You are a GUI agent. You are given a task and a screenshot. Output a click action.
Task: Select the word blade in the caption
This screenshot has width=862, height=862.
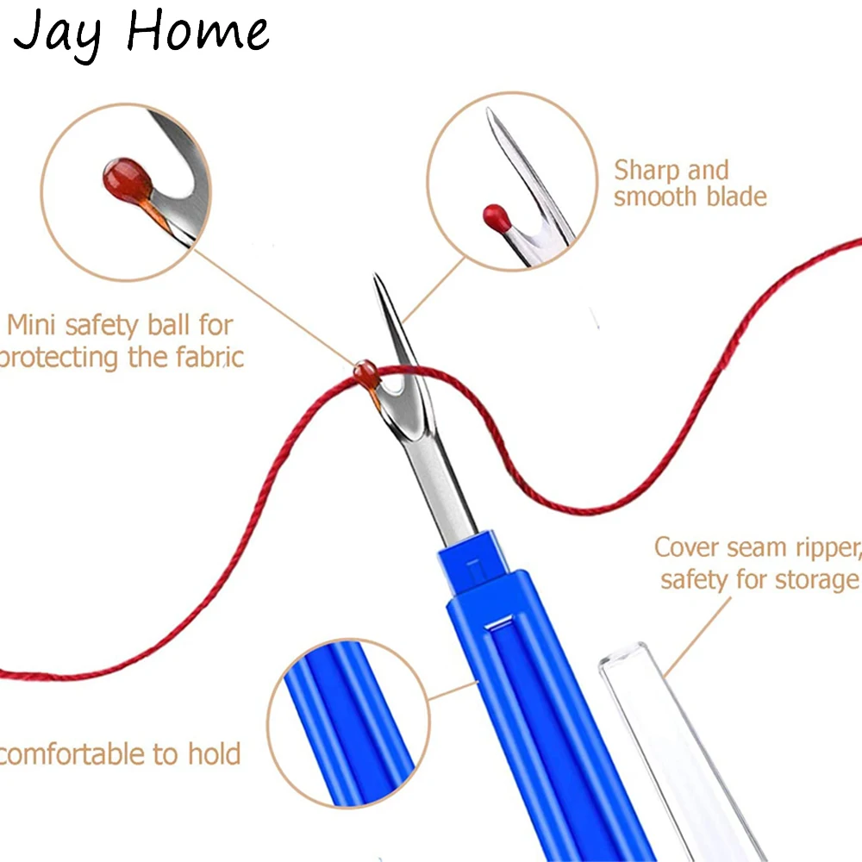tap(728, 197)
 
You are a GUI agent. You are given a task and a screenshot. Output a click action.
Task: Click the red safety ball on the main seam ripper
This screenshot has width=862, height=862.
tap(364, 372)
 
